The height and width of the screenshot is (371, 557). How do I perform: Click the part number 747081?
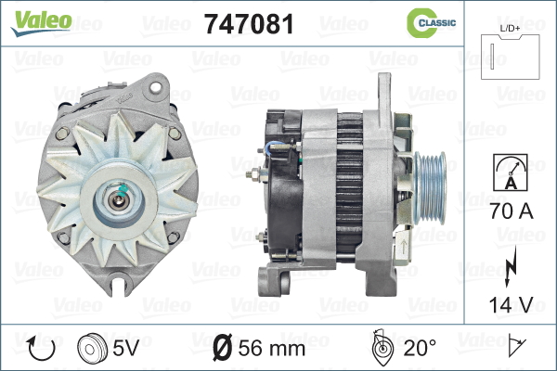pyautogui.click(x=250, y=24)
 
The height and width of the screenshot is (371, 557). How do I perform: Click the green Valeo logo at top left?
pyautogui.click(x=41, y=23)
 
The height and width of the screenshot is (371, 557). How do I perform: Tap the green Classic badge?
pyautogui.click(x=431, y=22)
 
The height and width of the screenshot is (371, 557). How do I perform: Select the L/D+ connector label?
pyautogui.click(x=510, y=29)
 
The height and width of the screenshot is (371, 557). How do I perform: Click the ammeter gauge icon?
pyautogui.click(x=511, y=173)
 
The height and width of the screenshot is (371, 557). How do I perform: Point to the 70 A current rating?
pyautogui.click(x=512, y=211)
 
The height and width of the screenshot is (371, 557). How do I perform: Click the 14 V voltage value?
pyautogui.click(x=511, y=304)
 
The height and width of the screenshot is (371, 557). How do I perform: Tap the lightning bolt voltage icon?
pyautogui.click(x=511, y=265)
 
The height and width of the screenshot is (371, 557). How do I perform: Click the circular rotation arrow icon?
pyautogui.click(x=42, y=349)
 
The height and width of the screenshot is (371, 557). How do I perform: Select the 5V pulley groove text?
pyautogui.click(x=125, y=347)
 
